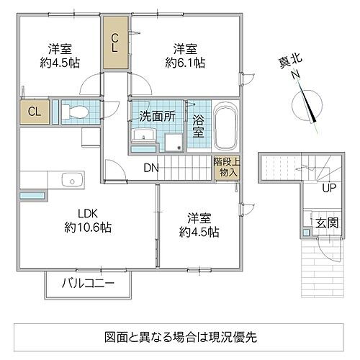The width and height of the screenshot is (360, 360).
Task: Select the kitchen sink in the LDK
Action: pyautogui.click(x=71, y=179)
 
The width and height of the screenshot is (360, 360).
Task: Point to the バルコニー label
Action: pyautogui.click(x=88, y=283)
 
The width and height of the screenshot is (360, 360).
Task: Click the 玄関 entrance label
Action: pyautogui.click(x=325, y=223)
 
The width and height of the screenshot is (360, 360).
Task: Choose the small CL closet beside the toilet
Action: pyautogui.click(x=33, y=112)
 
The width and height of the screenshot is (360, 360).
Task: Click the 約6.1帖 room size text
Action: pyautogui.click(x=184, y=63)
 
